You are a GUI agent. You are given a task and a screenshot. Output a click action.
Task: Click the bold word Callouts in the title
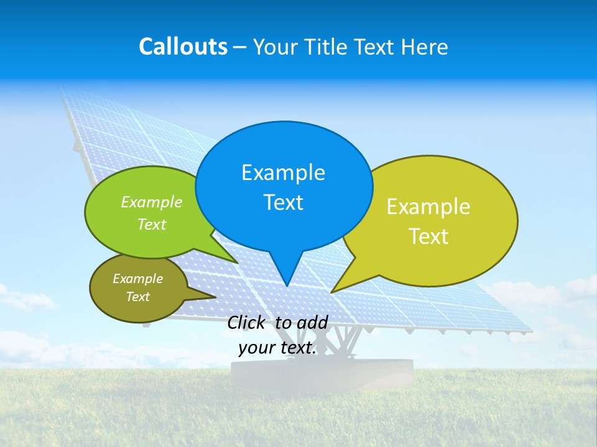coord(183,47)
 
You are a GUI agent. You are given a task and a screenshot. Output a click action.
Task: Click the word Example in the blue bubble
coord(283,173)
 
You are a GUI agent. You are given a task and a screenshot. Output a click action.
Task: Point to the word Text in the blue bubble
coord(283,202)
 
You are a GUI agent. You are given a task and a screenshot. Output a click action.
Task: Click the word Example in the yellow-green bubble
coord(428,207)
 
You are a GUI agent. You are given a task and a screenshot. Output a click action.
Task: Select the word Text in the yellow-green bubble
coord(428,237)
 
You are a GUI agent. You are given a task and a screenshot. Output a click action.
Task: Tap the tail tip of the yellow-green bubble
coord(332,292)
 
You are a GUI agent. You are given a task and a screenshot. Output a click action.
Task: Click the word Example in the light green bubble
coord(152,202)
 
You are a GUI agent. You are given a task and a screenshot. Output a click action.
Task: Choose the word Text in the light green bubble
coord(152,225)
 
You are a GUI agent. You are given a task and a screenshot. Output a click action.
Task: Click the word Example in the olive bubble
coord(137,279)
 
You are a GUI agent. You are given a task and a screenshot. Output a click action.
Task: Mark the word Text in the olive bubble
coord(137,297)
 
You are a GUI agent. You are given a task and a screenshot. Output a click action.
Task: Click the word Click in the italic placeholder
coord(248,322)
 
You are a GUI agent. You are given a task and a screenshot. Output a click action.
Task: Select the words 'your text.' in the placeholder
coord(277,348)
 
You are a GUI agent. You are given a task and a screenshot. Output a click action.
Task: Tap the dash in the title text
coord(241,47)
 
